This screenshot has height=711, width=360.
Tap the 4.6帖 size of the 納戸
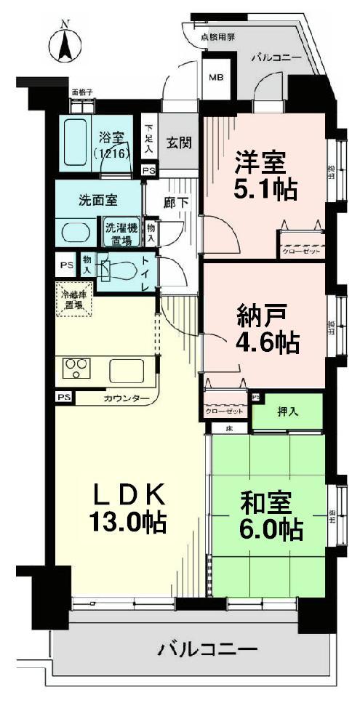coord(268,340)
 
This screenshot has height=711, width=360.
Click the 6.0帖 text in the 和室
coord(270,529)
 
